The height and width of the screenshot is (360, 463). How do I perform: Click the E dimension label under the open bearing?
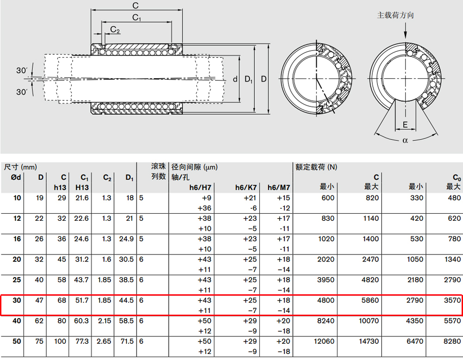405,124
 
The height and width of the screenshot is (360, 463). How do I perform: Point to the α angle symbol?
405,141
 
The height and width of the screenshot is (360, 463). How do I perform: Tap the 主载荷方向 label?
395,15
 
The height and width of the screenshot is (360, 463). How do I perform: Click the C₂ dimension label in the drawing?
115,29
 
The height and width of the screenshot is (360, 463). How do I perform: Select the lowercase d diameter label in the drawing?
235,79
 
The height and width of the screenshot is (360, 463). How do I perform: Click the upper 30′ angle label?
22,70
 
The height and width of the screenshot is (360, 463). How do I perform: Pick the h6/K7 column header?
246,187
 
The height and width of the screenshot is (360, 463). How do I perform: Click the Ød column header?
16,177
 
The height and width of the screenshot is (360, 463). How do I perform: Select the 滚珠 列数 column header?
158,171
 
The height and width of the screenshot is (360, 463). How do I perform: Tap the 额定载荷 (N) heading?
316,167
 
